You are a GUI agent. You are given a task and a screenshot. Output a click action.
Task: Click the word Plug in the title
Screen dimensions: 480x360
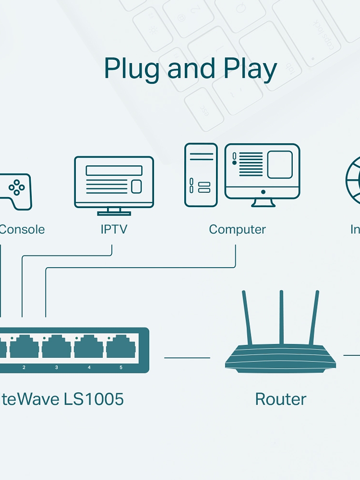pyautogui.click(x=132, y=69)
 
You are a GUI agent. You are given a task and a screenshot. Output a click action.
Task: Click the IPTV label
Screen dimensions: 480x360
pyautogui.click(x=114, y=229)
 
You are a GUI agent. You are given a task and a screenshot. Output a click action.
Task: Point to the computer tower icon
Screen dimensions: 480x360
pyautogui.click(x=201, y=175)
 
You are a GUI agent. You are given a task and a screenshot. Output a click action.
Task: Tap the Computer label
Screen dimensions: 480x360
pyautogui.click(x=237, y=229)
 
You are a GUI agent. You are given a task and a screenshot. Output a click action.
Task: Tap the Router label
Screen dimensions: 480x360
pyautogui.click(x=280, y=399)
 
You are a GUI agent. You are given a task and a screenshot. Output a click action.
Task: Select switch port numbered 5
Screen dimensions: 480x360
pyautogui.click(x=121, y=347)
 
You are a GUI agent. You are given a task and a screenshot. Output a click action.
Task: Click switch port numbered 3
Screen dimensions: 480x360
pyautogui.click(x=56, y=347)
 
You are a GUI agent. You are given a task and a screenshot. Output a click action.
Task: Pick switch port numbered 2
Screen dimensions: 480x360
pyautogui.click(x=24, y=347)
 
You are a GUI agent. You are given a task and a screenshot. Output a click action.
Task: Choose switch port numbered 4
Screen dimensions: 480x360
pyautogui.click(x=89, y=347)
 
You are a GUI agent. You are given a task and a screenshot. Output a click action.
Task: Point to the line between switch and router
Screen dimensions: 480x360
pyautogui.click(x=187, y=358)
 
